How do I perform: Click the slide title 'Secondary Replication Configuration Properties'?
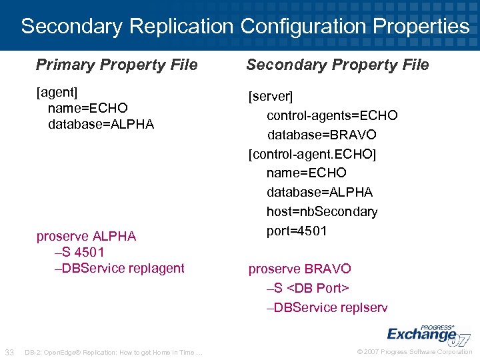245,27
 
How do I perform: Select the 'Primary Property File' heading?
117,65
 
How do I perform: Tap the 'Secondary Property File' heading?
337,65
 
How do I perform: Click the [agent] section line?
57,91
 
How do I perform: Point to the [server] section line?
270,97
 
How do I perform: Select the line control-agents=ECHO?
332,115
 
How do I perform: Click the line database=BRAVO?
322,135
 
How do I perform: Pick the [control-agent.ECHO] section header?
312,154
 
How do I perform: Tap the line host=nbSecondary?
322,211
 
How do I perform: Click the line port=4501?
297,231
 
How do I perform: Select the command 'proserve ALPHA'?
86,236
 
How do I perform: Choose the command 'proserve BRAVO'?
299,269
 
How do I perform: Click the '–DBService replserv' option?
327,307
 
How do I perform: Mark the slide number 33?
10,352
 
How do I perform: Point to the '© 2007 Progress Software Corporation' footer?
415,352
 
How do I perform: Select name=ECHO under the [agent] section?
88,108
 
